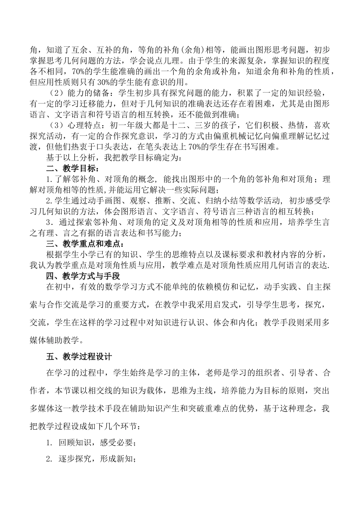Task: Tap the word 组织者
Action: (x=270, y=373)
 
